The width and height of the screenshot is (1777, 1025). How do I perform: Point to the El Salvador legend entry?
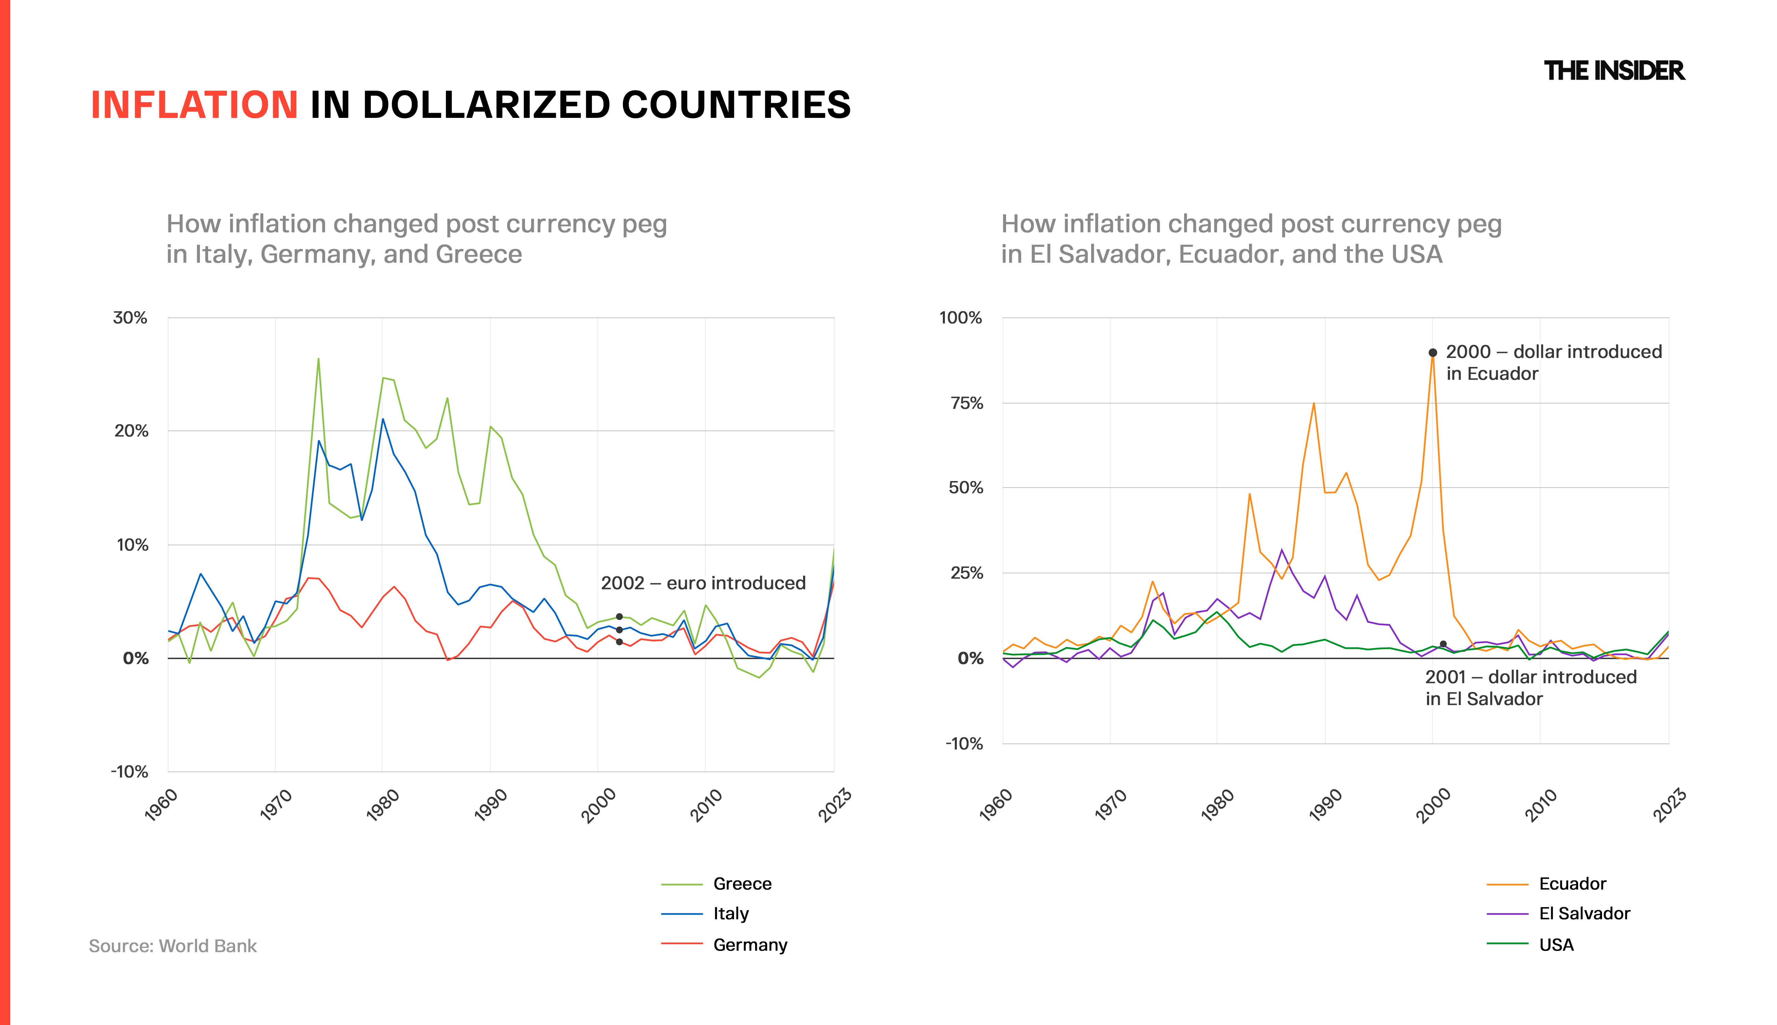tap(1584, 914)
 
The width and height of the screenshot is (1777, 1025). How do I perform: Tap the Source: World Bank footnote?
tap(173, 946)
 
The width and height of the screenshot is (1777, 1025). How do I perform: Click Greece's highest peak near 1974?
tap(318, 359)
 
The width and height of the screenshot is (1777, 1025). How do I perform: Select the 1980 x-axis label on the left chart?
tap(383, 805)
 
